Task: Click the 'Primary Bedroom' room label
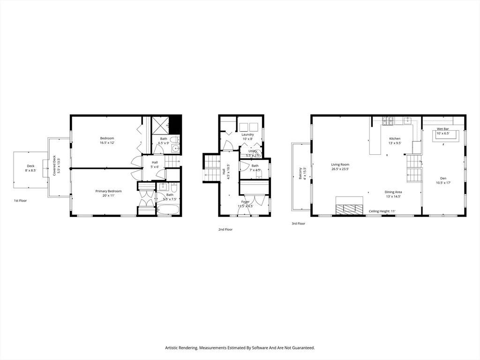(x=108, y=191)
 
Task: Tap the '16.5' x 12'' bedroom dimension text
(x=107, y=143)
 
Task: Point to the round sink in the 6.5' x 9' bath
(x=176, y=149)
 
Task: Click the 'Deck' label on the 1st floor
(x=30, y=166)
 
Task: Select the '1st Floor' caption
(x=20, y=201)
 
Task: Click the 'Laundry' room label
(x=248, y=135)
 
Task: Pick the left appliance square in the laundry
(x=244, y=127)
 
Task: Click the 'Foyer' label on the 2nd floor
(x=246, y=202)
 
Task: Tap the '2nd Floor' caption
(x=225, y=230)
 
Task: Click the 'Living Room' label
(x=340, y=165)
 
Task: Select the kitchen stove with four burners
(x=388, y=121)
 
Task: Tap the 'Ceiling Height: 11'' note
(x=382, y=211)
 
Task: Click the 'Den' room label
(x=443, y=178)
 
